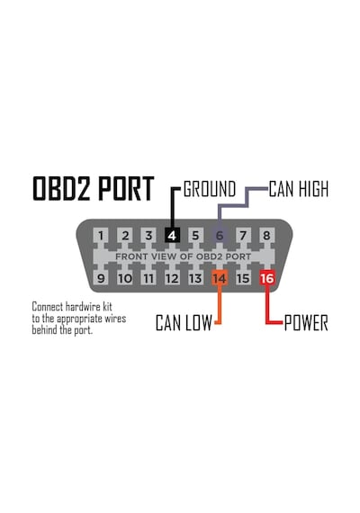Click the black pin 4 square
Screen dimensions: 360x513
click(172, 235)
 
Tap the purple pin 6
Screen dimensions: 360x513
click(220, 235)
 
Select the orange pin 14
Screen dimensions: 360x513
click(220, 278)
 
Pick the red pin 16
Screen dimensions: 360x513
click(267, 278)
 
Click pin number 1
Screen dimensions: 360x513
click(101, 235)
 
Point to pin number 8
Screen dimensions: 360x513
click(266, 235)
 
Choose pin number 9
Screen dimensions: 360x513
click(101, 278)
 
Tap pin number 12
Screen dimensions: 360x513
click(172, 278)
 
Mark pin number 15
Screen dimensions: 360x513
click(243, 278)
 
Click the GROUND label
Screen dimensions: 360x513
click(210, 189)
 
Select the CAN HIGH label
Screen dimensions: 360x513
click(299, 189)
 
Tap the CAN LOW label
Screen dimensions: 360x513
click(184, 322)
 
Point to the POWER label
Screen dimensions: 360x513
click(306, 322)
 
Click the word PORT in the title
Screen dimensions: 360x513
click(126, 188)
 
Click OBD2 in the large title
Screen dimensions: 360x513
click(61, 188)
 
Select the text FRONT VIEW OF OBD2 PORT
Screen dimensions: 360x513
click(184, 256)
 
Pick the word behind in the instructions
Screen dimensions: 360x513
click(45, 329)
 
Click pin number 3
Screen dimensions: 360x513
click(148, 235)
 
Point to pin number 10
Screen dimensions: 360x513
click(125, 278)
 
